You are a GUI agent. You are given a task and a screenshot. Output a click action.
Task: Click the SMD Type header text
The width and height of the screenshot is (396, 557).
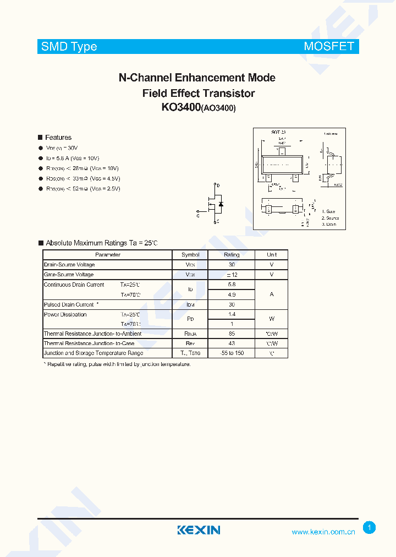pos(69,47)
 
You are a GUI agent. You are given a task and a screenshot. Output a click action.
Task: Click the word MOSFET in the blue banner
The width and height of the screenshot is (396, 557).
pos(329,47)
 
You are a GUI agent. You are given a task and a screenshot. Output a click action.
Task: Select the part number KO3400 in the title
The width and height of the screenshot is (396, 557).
pos(181,107)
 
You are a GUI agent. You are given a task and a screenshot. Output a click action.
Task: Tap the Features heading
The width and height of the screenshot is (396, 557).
pos(58,138)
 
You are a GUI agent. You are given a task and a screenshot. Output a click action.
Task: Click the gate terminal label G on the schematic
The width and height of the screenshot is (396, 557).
pos(198,216)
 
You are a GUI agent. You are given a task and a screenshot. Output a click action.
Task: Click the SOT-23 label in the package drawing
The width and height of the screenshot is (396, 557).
pos(279,133)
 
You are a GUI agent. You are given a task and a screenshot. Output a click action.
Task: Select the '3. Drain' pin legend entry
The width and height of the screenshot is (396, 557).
pos(329,224)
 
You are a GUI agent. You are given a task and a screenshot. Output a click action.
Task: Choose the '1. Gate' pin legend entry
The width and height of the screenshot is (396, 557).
pos(329,211)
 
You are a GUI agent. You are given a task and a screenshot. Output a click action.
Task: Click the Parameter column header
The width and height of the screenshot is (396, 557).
pos(108,255)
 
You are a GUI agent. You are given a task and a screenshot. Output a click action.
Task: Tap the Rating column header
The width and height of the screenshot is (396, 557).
pos(232,255)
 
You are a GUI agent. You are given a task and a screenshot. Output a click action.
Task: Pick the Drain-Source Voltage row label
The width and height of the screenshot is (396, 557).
pos(69,265)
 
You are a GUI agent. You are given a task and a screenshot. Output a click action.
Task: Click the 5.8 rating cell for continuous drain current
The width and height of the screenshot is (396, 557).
pos(232,285)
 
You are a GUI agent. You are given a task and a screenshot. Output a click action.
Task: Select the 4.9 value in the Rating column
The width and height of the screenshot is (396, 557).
pos(232,294)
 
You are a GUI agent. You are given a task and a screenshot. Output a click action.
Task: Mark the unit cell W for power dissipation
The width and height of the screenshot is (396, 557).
pos(271,319)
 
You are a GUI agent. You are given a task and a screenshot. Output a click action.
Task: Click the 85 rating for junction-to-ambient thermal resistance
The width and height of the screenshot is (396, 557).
pos(232,334)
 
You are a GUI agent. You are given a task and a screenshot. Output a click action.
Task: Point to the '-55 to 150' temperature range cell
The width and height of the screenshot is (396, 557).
pos(232,353)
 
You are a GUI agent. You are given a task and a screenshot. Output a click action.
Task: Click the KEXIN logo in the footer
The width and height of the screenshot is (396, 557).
pos(199,530)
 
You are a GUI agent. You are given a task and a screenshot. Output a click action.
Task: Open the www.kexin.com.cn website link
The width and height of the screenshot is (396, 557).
pos(323,532)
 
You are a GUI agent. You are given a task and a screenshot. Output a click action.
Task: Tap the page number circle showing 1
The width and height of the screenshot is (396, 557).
pos(370,528)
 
